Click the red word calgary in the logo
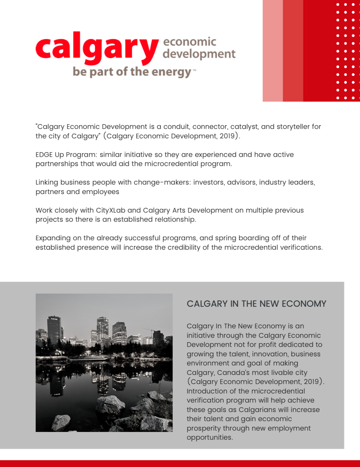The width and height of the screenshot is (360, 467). [97, 48]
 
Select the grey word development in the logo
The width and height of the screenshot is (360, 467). [199, 54]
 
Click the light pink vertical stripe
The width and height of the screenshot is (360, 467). [273, 51]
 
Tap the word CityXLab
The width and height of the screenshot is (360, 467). [111, 210]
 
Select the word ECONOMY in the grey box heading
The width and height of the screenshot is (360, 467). [304, 304]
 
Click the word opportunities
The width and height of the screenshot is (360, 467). [209, 438]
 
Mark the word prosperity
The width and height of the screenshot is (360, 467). [203, 429]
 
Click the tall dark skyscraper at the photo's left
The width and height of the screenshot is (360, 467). [54, 329]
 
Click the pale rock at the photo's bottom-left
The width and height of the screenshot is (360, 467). [61, 422]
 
